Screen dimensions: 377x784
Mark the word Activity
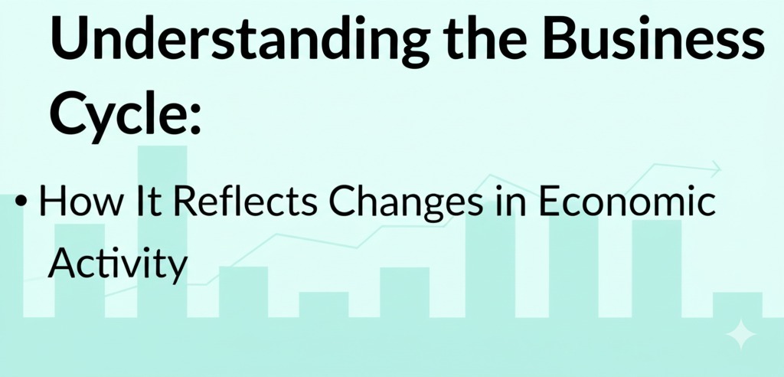tap(117, 265)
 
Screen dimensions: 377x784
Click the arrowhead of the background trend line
tap(717, 168)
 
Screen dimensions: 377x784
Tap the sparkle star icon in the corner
tap(740, 334)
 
